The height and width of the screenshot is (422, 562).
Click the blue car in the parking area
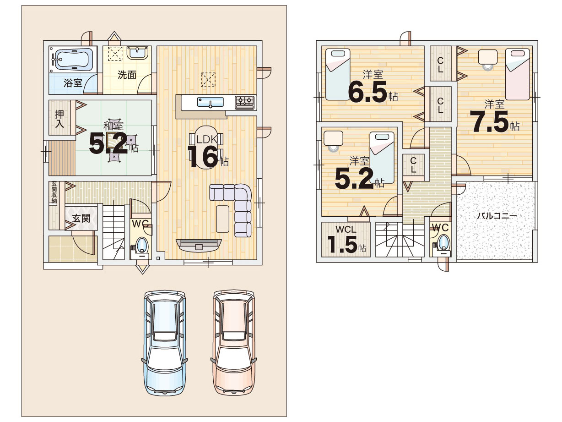(165, 343)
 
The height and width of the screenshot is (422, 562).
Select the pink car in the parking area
(233, 343)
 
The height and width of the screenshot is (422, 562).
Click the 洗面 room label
(127, 75)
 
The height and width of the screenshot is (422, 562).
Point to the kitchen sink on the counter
(210, 102)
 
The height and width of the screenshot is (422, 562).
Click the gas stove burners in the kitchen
(245, 102)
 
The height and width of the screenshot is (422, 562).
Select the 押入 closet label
(59, 119)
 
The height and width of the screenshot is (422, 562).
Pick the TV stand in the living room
(199, 245)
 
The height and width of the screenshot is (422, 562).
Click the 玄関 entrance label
(81, 218)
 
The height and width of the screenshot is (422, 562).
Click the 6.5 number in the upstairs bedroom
(367, 92)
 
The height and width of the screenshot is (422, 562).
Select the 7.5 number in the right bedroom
(489, 122)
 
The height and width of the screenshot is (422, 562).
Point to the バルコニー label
(497, 216)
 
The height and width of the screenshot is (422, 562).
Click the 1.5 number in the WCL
(342, 245)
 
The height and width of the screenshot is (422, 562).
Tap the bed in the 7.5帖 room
(518, 74)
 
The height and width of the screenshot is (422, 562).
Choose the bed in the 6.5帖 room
(338, 74)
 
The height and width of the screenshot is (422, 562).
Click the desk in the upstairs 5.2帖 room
(333, 138)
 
